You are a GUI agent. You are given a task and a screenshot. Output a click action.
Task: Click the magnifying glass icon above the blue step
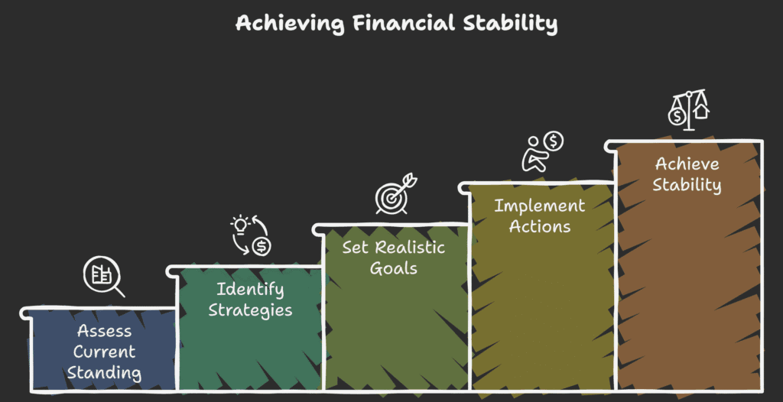point(104,278)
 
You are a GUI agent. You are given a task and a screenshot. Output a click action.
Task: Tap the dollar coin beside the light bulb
point(262,246)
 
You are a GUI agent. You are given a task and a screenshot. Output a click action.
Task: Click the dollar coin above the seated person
point(553,141)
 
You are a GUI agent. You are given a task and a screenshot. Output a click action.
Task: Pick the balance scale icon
point(689,109)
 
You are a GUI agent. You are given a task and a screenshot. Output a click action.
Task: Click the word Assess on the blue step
point(104,332)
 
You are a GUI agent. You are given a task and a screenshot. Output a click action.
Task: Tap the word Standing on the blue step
point(104,373)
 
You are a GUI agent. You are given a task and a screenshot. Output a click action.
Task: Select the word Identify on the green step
point(250,290)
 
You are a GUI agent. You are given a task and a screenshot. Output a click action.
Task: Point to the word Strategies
point(250,310)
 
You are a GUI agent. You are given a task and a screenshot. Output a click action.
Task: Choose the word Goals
point(393,269)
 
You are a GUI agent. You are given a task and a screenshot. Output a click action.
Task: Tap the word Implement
point(539,206)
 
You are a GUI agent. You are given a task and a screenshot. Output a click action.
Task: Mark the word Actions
point(539,226)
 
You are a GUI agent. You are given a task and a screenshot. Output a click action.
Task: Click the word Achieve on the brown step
point(687,164)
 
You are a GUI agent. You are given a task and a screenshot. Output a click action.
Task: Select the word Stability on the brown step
point(687,185)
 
